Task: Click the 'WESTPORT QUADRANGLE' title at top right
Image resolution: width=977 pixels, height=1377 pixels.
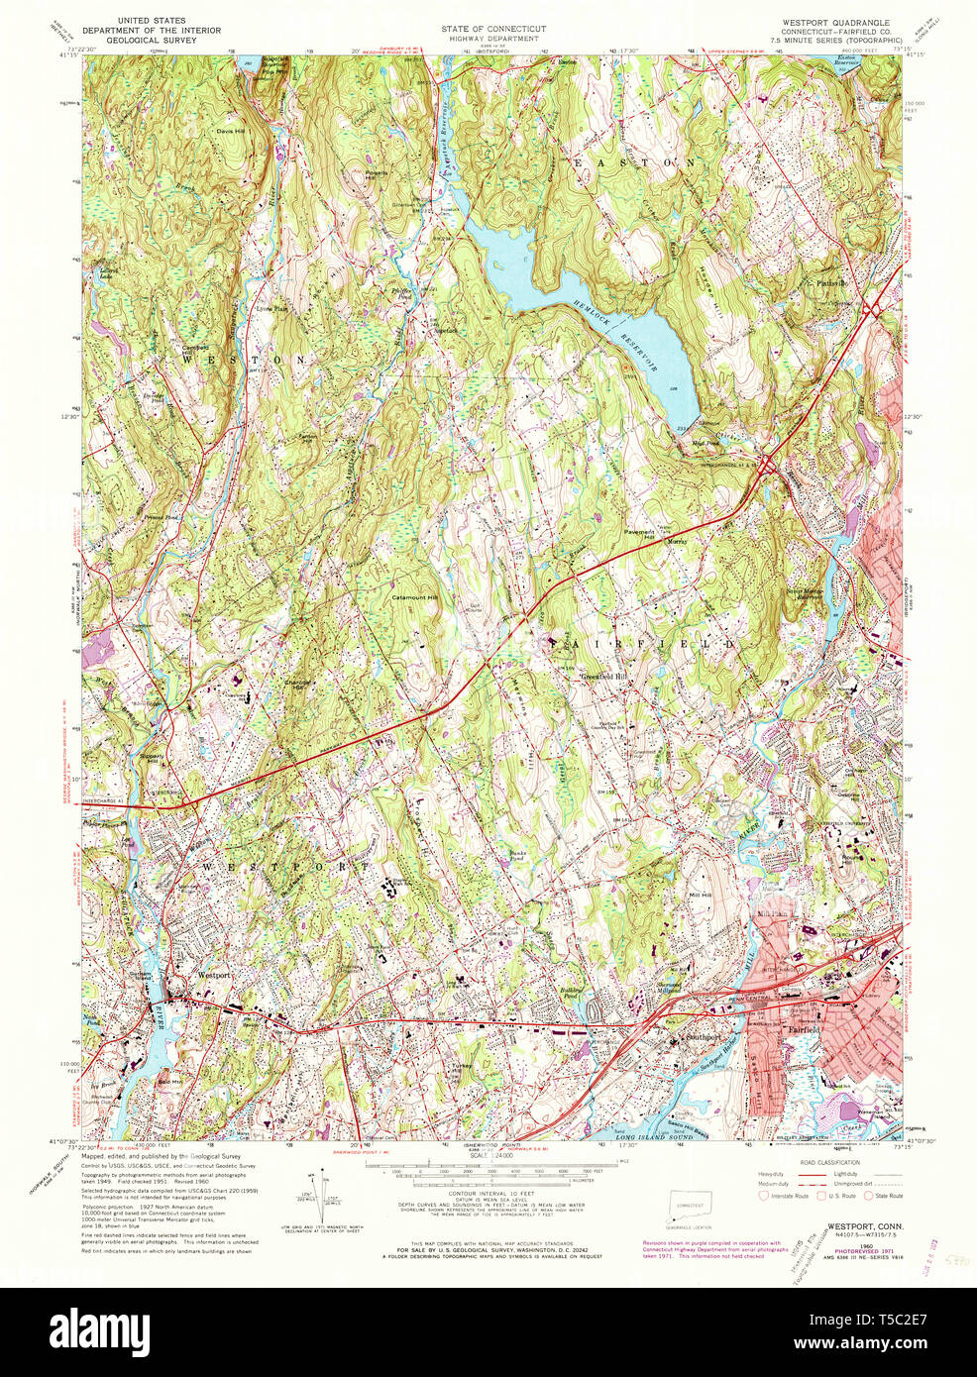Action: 836,21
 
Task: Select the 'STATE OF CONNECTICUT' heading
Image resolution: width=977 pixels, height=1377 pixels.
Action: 493,29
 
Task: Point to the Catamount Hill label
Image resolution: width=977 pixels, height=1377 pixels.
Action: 416,597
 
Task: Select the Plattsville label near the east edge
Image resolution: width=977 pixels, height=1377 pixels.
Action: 835,282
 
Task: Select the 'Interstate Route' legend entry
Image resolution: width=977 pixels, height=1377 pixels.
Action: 788,1196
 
